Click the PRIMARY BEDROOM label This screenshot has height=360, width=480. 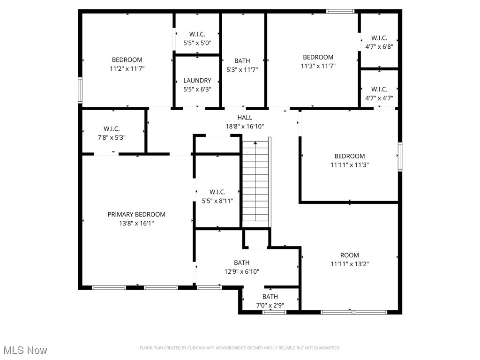click(136, 214)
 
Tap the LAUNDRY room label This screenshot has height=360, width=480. click(197, 81)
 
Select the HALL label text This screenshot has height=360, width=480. click(244, 118)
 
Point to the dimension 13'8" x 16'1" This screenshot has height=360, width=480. click(136, 224)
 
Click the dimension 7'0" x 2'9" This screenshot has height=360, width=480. click(270, 305)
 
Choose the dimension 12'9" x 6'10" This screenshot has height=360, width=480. click(242, 271)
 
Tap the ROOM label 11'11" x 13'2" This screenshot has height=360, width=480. click(350, 255)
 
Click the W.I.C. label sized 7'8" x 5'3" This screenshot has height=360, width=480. click(112, 128)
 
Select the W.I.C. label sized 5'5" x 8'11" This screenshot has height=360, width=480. click(217, 192)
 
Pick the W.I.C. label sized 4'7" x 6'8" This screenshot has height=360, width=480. click(379, 37)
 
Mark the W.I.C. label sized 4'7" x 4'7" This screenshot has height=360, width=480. click(379, 89)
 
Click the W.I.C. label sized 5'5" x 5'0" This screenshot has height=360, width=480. click(197, 34)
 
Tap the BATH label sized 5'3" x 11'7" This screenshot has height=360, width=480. click(242, 60)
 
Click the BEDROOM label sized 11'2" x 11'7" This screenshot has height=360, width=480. click(127, 60)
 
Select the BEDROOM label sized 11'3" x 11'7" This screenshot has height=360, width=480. click(318, 57)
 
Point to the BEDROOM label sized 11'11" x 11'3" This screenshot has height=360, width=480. click(350, 156)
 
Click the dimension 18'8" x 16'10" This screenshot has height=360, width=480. click(244, 126)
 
